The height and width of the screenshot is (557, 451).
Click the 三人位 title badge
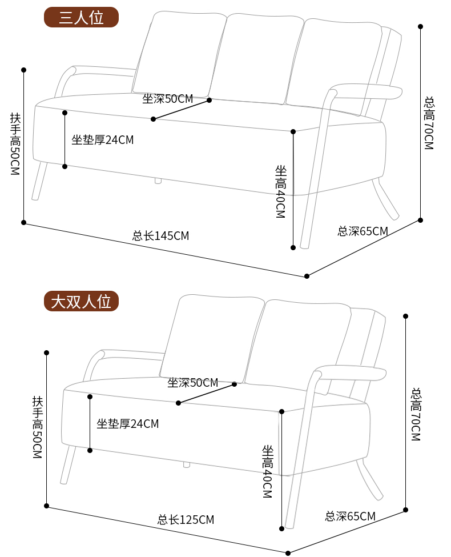pyautogui.click(x=81, y=17)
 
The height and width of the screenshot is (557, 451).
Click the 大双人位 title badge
pyautogui.click(x=81, y=301)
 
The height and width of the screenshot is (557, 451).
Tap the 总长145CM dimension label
pyautogui.click(x=160, y=235)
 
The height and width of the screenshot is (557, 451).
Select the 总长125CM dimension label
pyautogui.click(x=186, y=520)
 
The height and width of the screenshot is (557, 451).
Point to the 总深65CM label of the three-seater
pyautogui.click(x=363, y=231)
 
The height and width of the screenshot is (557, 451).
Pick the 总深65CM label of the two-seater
pyautogui.click(x=350, y=516)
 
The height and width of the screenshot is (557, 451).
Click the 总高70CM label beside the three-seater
pyautogui.click(x=429, y=123)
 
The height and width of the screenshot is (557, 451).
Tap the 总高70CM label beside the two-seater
pyautogui.click(x=416, y=414)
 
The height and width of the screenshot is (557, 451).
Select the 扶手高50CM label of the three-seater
pyautogui.click(x=15, y=144)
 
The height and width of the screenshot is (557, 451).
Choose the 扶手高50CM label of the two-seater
pyautogui.click(x=37, y=427)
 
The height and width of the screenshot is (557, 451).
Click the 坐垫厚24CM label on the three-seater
pyautogui.click(x=103, y=139)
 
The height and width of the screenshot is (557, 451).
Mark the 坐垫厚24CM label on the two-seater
pyautogui.click(x=128, y=423)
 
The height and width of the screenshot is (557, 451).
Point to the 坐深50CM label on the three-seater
pyautogui.click(x=168, y=98)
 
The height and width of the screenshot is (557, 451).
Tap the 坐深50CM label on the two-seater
pyautogui.click(x=193, y=383)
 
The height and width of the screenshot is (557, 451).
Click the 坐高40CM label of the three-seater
pyautogui.click(x=280, y=191)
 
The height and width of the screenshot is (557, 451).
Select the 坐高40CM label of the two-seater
pyautogui.click(x=268, y=471)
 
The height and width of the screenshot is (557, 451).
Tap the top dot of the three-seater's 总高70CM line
pyautogui.click(x=421, y=26)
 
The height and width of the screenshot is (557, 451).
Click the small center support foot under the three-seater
pyautogui.click(x=158, y=181)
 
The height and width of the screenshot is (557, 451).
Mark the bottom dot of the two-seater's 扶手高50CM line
pyautogui.click(x=46, y=506)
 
